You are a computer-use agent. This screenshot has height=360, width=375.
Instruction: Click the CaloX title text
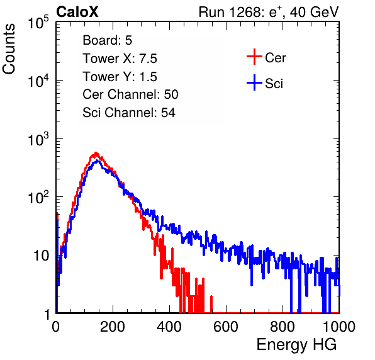click(x=77, y=12)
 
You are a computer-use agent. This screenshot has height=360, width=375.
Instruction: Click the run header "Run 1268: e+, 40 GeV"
click(x=269, y=12)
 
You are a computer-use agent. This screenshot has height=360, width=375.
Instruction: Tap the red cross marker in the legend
click(x=254, y=57)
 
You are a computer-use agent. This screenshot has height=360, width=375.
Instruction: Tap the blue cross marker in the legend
click(x=254, y=82)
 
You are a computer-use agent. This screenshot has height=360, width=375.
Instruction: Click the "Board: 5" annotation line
click(x=108, y=40)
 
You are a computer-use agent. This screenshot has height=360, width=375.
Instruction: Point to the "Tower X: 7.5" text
click(x=120, y=59)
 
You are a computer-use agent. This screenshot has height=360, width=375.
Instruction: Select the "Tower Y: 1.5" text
click(x=120, y=77)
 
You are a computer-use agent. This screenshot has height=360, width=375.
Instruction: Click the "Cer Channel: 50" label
click(x=130, y=94)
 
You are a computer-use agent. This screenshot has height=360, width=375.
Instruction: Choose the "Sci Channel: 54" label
click(x=129, y=113)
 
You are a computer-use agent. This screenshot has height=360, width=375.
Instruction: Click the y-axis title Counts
click(x=9, y=49)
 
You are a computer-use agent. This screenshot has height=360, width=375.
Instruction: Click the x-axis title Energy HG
click(x=296, y=345)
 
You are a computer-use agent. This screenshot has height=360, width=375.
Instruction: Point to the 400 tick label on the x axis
click(x=169, y=327)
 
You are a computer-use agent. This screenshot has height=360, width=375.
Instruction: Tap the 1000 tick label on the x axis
click(x=339, y=327)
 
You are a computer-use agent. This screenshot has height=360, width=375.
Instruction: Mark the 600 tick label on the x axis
click(x=226, y=327)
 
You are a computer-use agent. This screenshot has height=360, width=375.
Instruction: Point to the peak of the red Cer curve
click(x=96, y=152)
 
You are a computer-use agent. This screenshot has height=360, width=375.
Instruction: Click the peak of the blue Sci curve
click(x=97, y=160)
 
